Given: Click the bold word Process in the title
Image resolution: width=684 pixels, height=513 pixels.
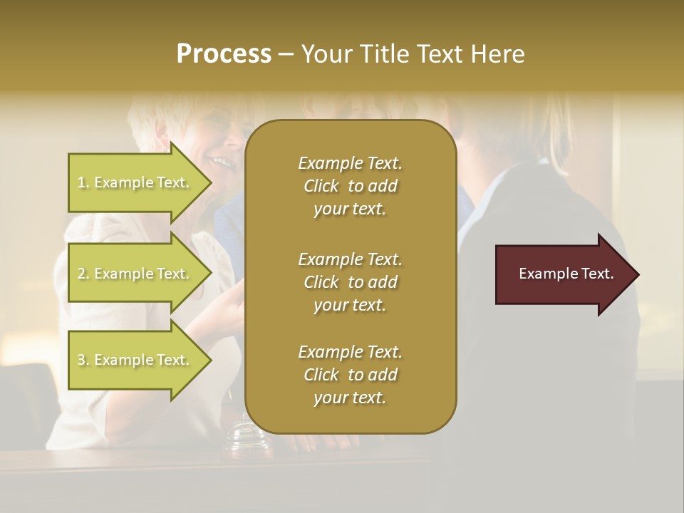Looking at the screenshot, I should [224, 54].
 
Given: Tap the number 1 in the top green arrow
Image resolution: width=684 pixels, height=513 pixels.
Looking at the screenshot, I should [81, 182].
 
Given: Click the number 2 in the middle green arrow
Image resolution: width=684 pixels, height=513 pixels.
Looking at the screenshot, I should [81, 274].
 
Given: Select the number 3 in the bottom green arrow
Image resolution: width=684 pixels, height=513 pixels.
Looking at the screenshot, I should [81, 360].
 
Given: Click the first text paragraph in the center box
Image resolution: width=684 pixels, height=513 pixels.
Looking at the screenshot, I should [350, 186].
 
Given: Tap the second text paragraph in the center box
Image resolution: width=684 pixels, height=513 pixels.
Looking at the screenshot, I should [350, 281].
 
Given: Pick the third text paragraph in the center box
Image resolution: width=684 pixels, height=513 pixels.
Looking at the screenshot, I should [350, 375].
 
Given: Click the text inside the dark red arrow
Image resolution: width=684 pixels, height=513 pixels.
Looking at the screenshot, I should [566, 274].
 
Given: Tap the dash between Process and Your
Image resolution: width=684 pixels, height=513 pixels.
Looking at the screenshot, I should [286, 54].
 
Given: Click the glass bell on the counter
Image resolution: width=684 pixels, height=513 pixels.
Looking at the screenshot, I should [248, 436].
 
